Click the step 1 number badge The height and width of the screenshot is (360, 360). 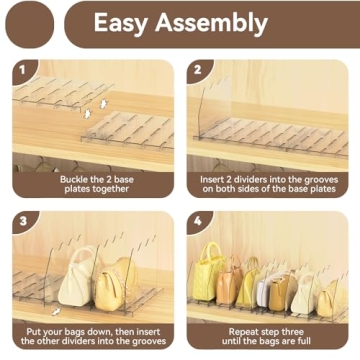(x=22, y=72)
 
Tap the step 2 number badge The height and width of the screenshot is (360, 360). (x=197, y=72)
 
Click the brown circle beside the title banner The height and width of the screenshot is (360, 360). (x=29, y=23)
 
